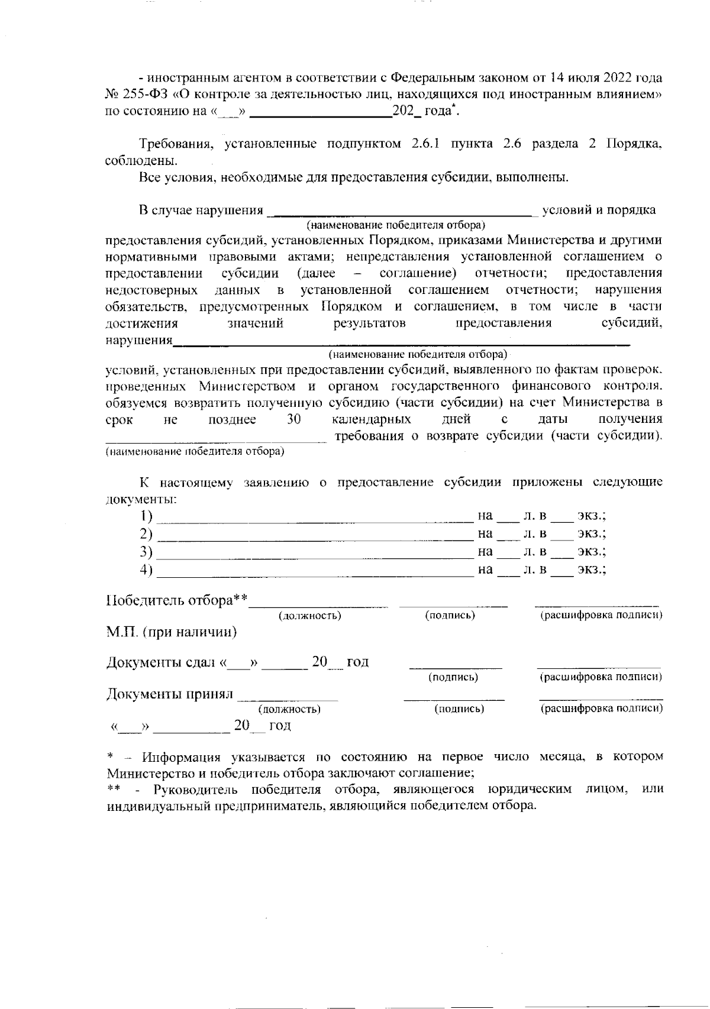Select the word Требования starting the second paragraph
click(x=172, y=144)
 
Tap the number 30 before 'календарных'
click(x=294, y=419)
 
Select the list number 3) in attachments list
click(x=146, y=552)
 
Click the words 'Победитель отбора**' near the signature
click(x=176, y=601)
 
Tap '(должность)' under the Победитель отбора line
click(x=310, y=616)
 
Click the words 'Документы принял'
click(x=170, y=694)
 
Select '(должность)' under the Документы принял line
click(x=289, y=709)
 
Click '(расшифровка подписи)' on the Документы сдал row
click(x=601, y=677)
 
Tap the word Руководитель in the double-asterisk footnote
click(x=197, y=790)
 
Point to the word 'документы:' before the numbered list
click(x=141, y=499)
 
